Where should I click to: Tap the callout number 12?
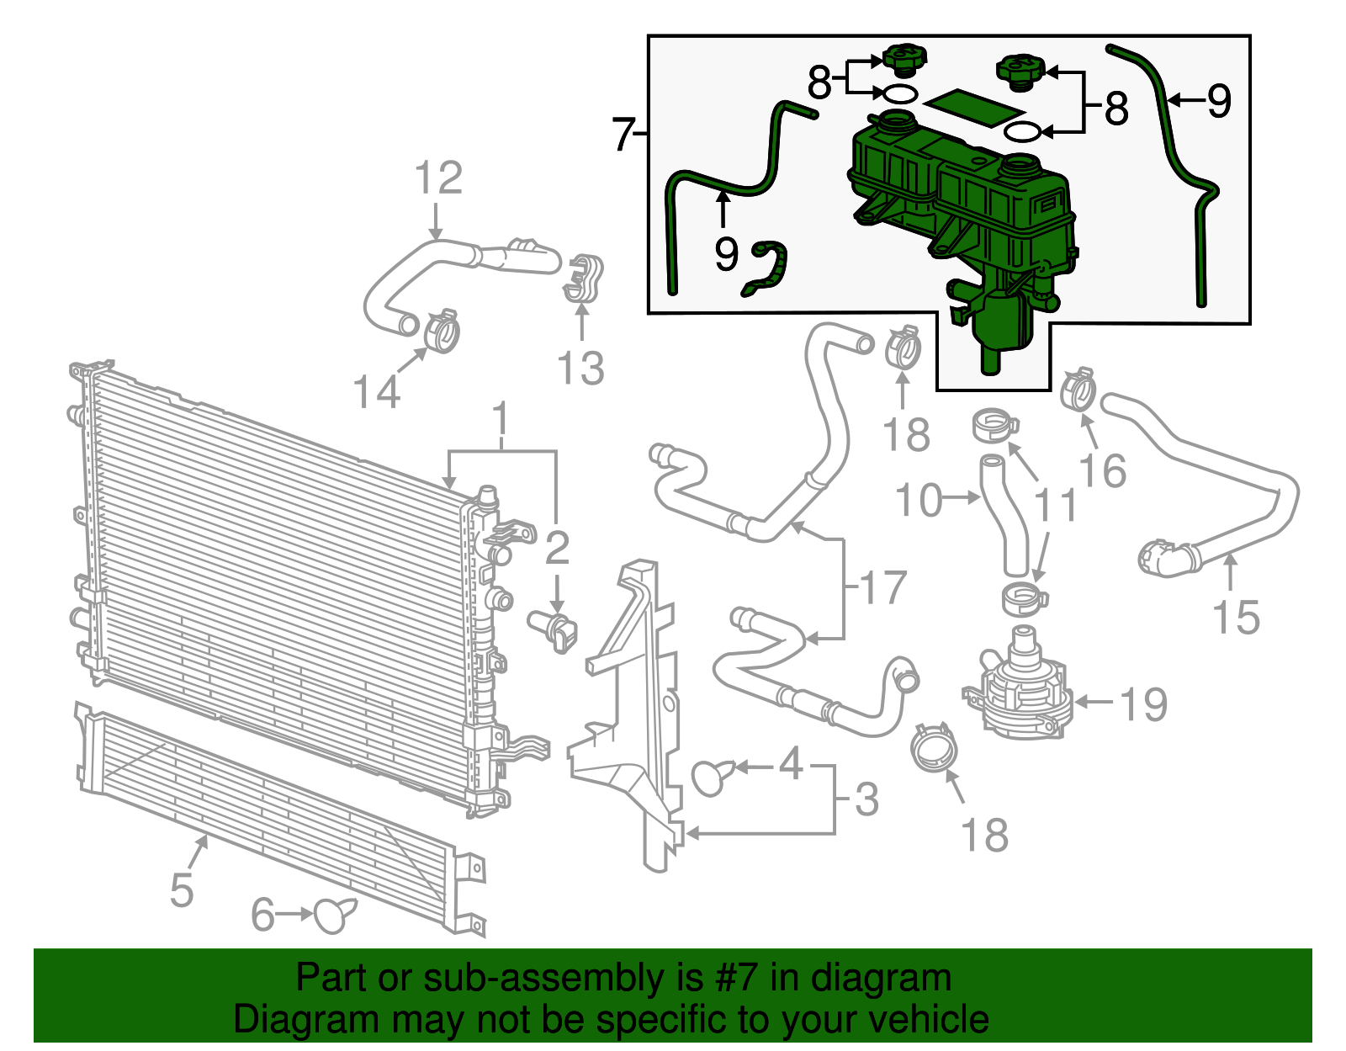click(x=438, y=178)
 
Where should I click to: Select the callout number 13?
click(x=580, y=368)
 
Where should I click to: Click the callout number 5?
click(x=182, y=890)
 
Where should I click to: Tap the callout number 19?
click(x=1143, y=704)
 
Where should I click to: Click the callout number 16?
click(x=1102, y=470)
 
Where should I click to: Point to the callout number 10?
click(x=919, y=500)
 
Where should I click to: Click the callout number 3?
click(x=866, y=799)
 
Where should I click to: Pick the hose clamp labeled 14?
click(x=442, y=331)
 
